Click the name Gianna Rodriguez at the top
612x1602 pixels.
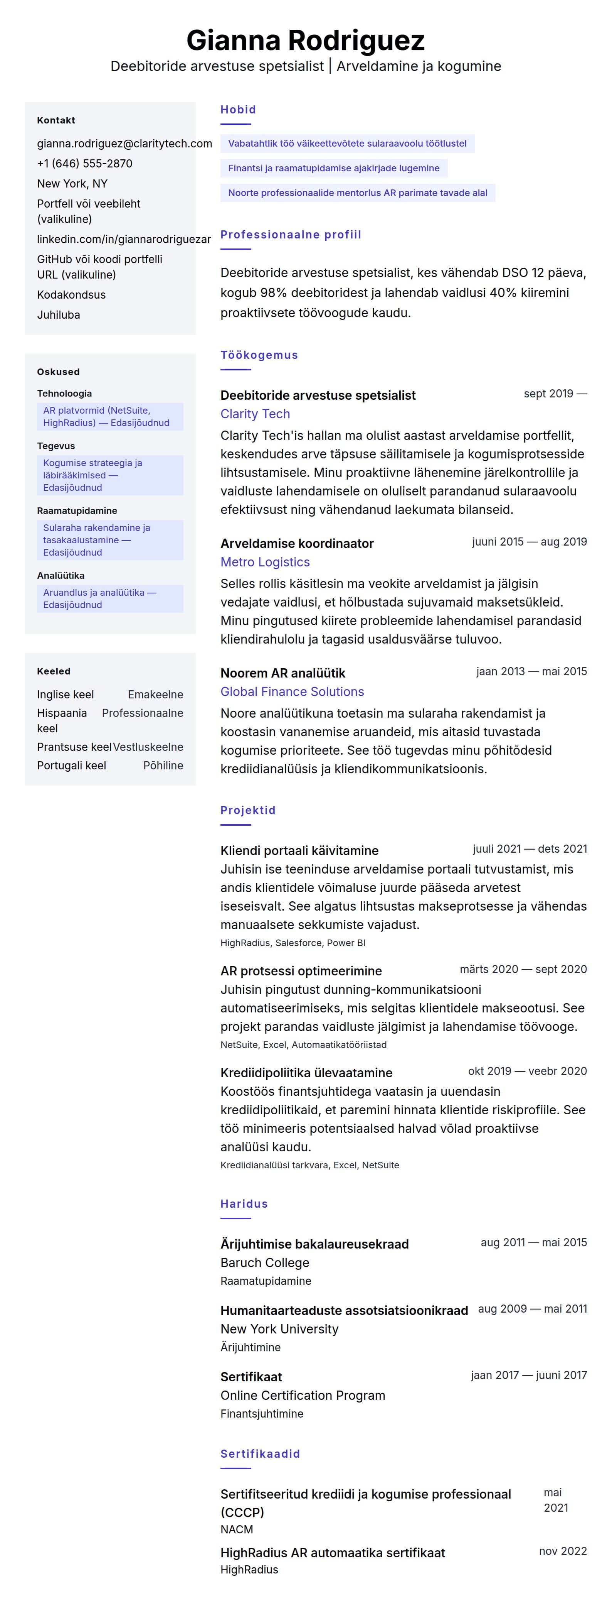[305, 41]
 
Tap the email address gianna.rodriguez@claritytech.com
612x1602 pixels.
[124, 144]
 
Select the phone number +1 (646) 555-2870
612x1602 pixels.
[84, 164]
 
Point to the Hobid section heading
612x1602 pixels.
[238, 110]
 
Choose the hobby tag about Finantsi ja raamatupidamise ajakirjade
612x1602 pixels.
[334, 168]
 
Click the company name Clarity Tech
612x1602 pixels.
[255, 414]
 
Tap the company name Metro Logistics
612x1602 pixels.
[265, 562]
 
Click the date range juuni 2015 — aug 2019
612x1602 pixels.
[529, 542]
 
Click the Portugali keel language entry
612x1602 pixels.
[71, 766]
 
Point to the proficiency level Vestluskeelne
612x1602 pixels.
[148, 747]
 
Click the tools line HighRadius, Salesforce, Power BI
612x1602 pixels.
[293, 943]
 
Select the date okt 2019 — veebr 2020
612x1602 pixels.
[527, 1071]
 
